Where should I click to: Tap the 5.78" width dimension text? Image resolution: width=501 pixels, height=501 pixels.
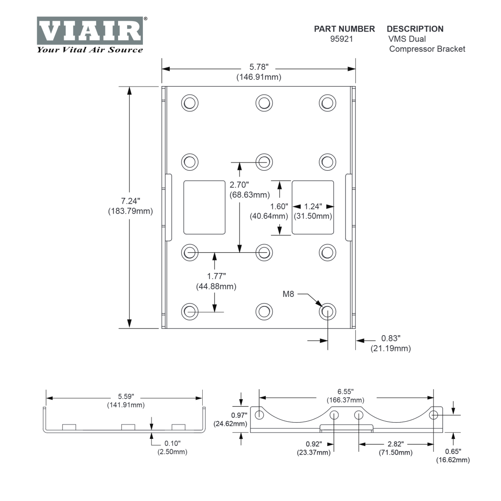[259, 68]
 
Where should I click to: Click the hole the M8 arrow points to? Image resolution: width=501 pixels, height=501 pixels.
[327, 311]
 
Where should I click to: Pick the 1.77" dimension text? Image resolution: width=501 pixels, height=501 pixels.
[216, 276]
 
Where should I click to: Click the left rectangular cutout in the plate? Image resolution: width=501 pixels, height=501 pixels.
[204, 207]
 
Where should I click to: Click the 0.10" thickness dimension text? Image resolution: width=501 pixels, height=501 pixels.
[172, 443]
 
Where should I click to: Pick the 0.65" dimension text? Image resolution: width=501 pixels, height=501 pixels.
[452, 450]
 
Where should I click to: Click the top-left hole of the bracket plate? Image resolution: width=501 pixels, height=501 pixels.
[190, 102]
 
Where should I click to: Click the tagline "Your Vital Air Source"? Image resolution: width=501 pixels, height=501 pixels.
[89, 49]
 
